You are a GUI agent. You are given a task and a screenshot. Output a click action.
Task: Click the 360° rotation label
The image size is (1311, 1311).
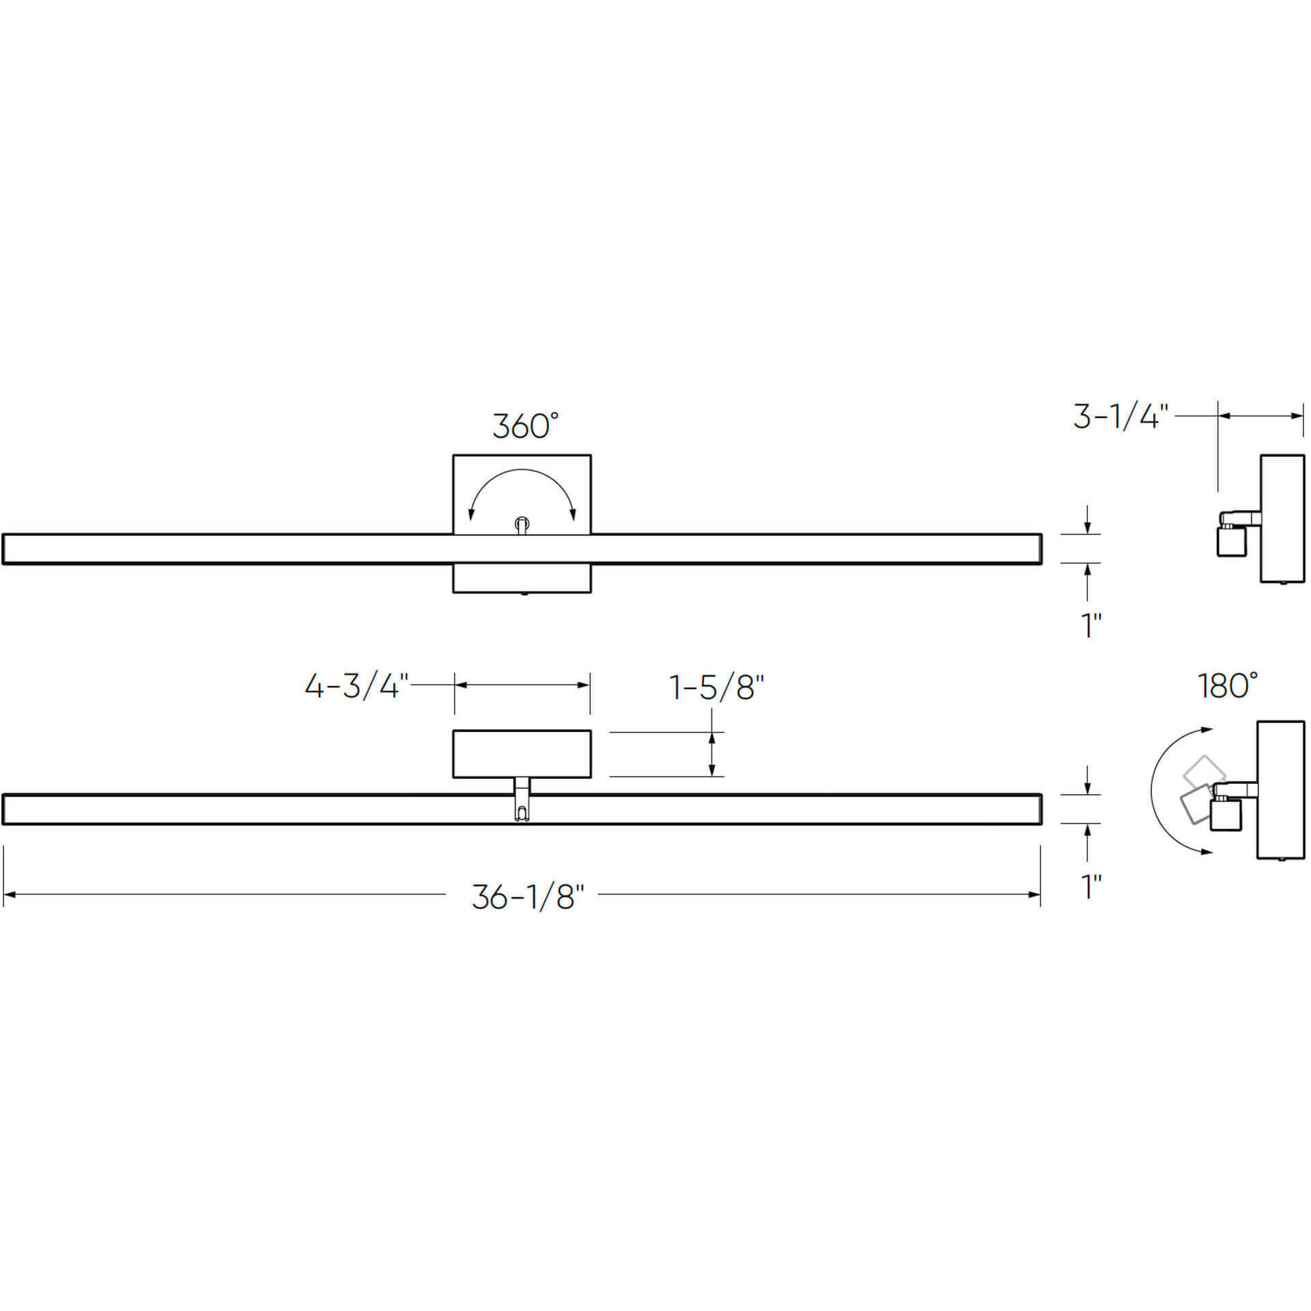tap(525, 425)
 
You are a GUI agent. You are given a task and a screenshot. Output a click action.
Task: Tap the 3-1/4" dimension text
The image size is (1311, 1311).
tap(1120, 417)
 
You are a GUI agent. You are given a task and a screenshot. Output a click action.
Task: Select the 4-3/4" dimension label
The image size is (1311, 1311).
tap(356, 686)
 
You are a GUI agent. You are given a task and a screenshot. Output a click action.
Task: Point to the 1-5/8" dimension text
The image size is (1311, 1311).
tap(716, 688)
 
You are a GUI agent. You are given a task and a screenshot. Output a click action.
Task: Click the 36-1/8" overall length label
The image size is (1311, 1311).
tap(528, 897)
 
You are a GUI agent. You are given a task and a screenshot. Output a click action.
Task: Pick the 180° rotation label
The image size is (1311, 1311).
tap(1227, 686)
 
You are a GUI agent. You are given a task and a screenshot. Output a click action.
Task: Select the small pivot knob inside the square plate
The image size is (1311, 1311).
tap(522, 524)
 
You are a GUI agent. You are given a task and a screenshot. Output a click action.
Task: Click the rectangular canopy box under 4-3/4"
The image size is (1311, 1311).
tap(522, 753)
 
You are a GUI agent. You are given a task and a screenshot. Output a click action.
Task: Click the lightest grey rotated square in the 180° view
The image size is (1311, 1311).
tap(1203, 772)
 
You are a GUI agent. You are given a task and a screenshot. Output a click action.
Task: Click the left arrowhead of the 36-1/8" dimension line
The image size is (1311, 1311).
tap(8, 894)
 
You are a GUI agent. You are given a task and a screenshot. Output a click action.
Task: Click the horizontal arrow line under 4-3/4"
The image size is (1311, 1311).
tap(522, 685)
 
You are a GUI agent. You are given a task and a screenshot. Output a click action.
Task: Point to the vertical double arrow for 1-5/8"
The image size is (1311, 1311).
tap(712, 754)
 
